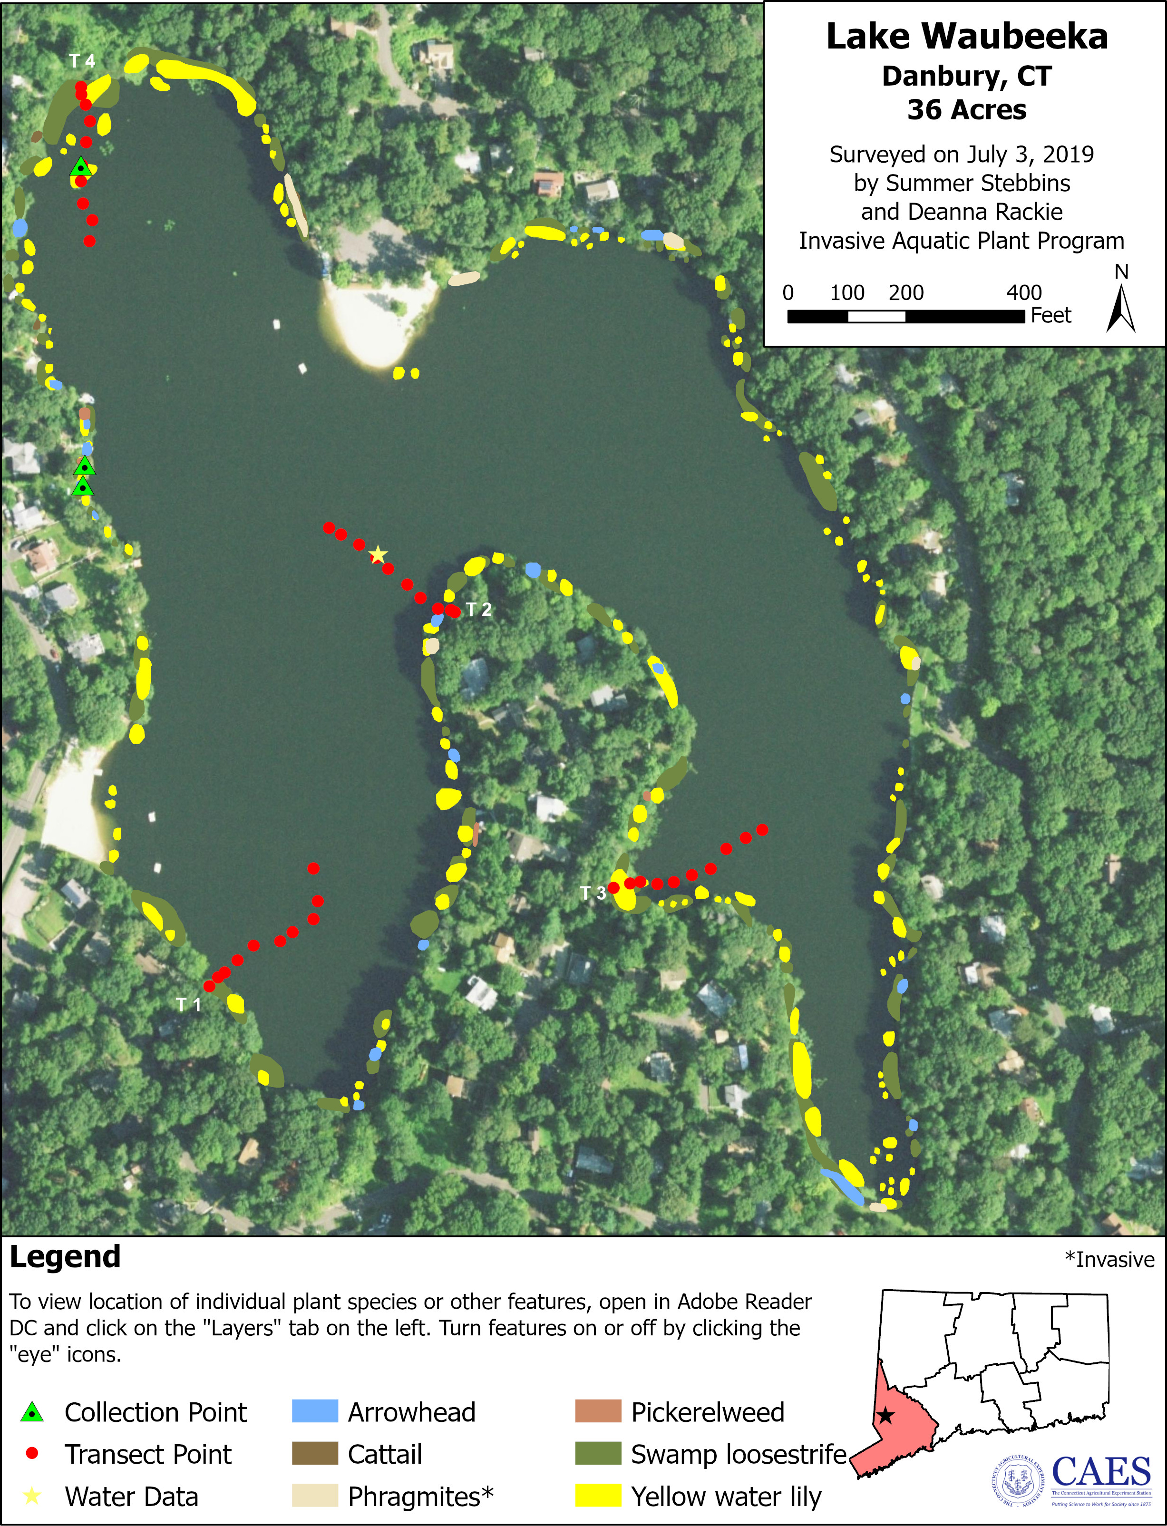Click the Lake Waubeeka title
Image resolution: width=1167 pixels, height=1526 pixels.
966,37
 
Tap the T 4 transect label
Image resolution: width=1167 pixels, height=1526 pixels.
82,61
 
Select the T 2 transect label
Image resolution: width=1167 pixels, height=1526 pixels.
478,609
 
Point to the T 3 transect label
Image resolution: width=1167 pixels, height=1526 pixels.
593,893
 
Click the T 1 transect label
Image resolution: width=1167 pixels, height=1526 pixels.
188,1004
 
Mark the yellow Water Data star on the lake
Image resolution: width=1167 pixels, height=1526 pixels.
377,555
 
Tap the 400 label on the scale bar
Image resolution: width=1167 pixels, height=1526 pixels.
1024,292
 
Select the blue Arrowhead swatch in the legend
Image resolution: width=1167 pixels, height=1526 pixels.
315,1412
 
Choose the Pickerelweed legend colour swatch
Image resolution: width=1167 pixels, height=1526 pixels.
597,1412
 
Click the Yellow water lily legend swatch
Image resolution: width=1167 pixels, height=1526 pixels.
597,1496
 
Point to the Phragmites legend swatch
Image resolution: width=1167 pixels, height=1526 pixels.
315,1496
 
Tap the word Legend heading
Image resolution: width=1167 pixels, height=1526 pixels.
65,1257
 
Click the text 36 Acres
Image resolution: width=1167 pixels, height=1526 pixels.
966,110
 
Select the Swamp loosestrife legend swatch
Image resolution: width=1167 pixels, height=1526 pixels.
597,1454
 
